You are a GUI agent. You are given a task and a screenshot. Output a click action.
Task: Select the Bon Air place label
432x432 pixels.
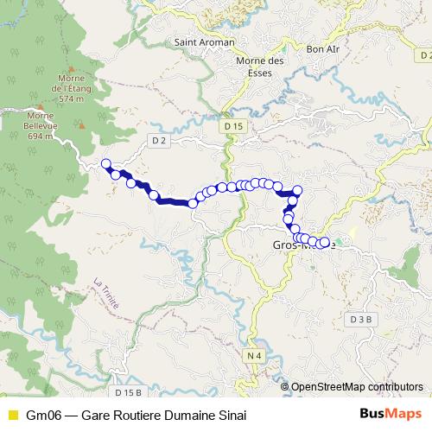(323, 49)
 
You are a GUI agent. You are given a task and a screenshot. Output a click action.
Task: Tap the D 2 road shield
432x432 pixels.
(157, 140)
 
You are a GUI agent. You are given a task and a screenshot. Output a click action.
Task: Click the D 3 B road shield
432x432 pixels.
(362, 319)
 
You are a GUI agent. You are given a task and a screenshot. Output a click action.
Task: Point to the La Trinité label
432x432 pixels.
(110, 296)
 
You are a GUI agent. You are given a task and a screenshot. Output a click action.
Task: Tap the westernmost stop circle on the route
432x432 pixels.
(106, 164)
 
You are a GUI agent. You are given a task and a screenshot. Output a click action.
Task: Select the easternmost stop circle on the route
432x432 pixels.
(325, 243)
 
